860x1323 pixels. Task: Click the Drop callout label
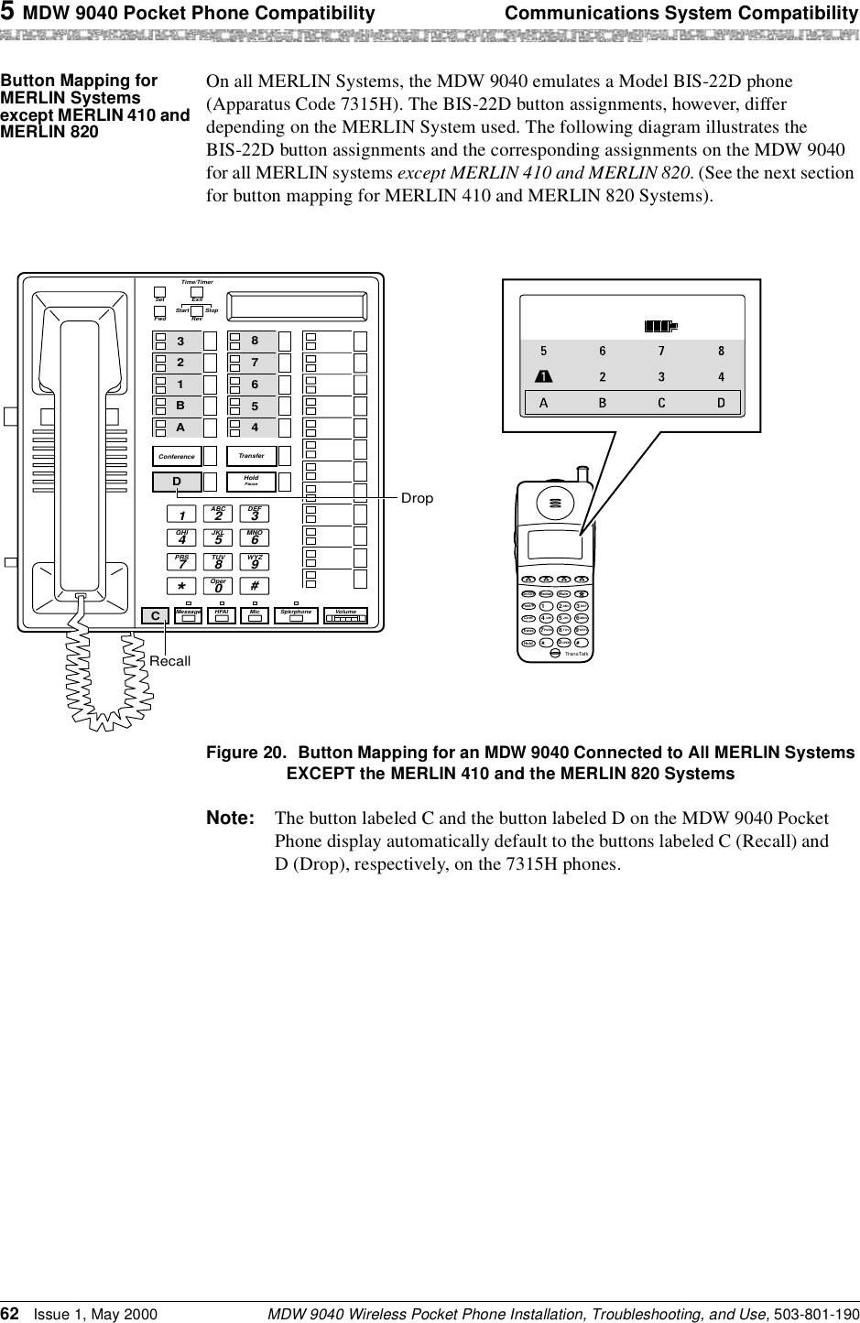coord(417,498)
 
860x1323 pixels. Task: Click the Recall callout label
coord(170,660)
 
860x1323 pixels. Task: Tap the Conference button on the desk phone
coord(178,455)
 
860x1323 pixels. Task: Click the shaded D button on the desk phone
coord(177,482)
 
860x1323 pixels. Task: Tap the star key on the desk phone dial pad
coord(182,585)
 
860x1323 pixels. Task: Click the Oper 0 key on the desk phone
coord(218,585)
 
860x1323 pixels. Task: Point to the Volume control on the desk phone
coord(349,616)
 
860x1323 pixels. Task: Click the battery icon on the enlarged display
coord(659,325)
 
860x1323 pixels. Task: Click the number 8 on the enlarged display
coord(722,351)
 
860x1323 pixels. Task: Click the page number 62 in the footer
coord(12,1312)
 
